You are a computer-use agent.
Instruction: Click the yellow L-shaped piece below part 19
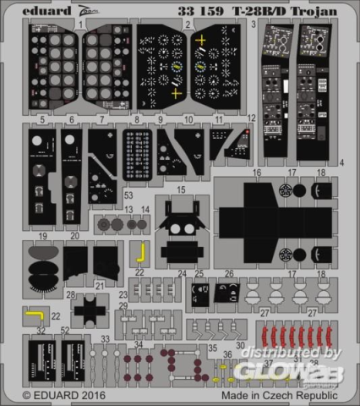[x=34, y=315]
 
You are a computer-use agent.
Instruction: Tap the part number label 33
[x=106, y=338]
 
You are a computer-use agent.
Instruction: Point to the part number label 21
[x=99, y=285]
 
